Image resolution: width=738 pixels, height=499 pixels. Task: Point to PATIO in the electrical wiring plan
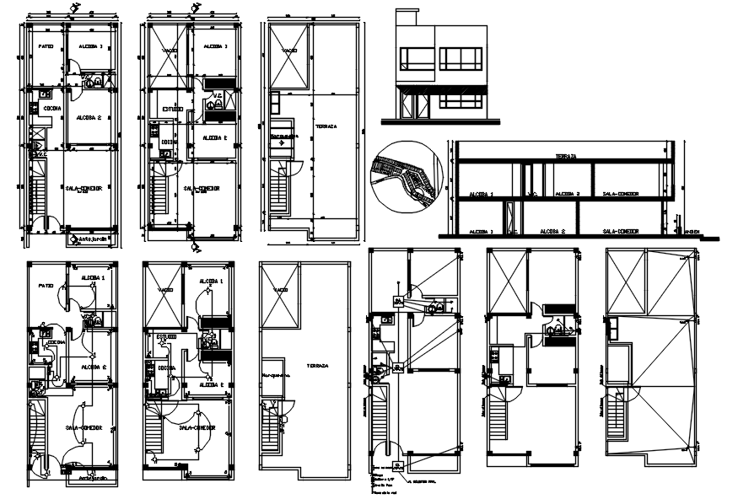click(46, 287)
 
